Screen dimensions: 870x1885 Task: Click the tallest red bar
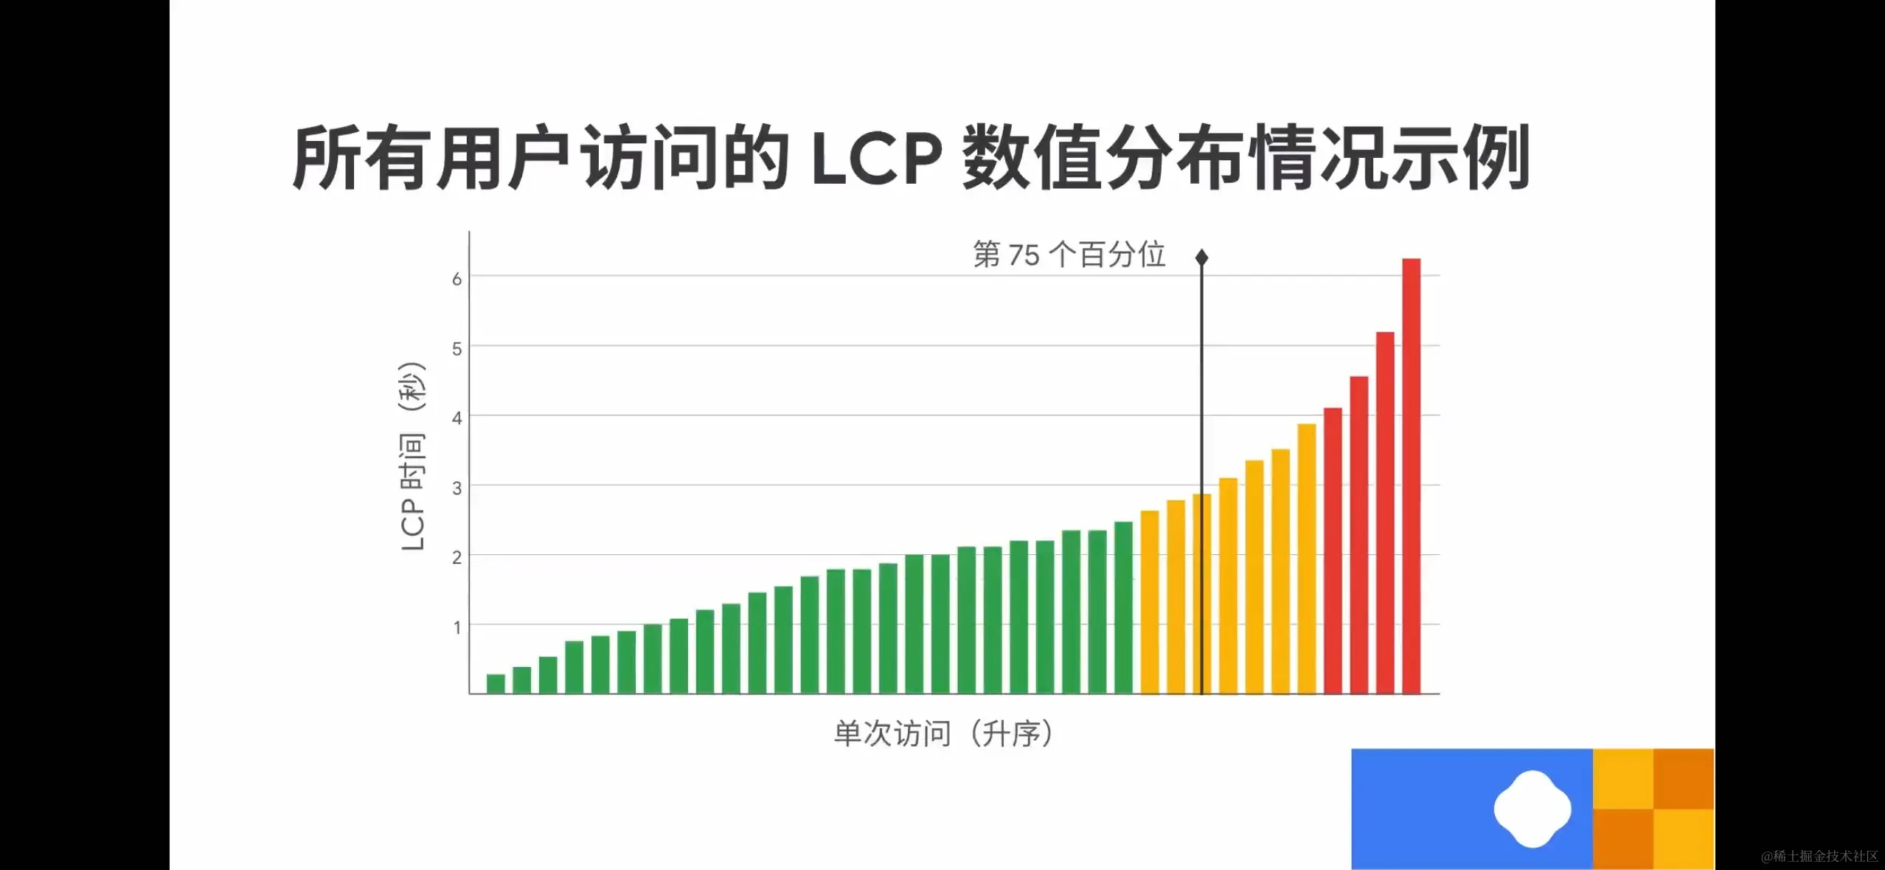[1411, 476]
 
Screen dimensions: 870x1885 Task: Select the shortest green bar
[496, 684]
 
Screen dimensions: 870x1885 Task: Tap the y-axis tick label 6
[457, 279]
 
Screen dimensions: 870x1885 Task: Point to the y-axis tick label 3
[457, 488]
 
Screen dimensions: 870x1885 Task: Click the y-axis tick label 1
[457, 627]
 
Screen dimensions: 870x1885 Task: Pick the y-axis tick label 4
[457, 418]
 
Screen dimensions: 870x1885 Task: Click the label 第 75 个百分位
[1069, 255]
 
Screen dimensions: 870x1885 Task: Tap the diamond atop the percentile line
[1201, 258]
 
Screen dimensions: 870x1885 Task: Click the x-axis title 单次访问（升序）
[944, 734]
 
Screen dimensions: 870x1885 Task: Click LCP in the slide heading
[876, 158]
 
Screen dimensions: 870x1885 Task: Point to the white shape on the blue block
[1532, 809]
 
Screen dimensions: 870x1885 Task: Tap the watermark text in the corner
[1819, 856]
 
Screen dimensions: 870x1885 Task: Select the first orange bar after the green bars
[1149, 602]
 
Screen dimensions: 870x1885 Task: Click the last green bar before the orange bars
[1123, 607]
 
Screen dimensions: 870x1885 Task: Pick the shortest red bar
[1333, 550]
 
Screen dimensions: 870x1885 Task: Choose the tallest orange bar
[1306, 559]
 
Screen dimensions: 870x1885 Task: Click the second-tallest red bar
[1385, 513]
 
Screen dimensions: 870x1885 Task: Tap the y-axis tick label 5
[457, 348]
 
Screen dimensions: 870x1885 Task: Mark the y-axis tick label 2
[457, 557]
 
